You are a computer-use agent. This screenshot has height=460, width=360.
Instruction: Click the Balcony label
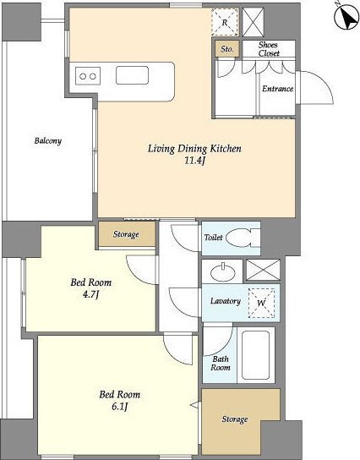(x=48, y=141)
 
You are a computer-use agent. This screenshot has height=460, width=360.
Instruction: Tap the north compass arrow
(x=348, y=19)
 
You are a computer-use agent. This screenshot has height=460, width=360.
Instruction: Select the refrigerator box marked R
(x=225, y=22)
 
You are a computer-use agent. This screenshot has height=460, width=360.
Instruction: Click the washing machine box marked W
(x=261, y=303)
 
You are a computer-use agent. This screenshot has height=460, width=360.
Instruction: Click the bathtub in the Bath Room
(x=256, y=355)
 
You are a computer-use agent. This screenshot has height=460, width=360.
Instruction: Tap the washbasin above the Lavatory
(x=223, y=272)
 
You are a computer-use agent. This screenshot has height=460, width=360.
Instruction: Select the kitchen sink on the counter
(x=132, y=75)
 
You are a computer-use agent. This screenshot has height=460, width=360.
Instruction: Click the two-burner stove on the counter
(x=88, y=76)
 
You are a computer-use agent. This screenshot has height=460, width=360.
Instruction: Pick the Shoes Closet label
(x=269, y=49)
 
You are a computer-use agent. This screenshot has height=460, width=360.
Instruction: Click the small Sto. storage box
(x=227, y=49)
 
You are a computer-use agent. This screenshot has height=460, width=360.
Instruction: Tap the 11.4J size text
(x=194, y=161)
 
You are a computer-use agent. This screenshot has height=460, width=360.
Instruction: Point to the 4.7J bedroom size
(x=91, y=294)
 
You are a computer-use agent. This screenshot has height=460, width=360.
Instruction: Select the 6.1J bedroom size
(x=120, y=407)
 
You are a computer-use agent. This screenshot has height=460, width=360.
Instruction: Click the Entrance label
(x=278, y=89)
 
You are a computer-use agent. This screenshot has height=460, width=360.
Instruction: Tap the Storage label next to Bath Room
(x=235, y=419)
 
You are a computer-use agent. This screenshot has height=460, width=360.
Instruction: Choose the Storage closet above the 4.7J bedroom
(x=127, y=234)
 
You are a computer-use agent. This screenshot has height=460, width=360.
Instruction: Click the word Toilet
(x=214, y=238)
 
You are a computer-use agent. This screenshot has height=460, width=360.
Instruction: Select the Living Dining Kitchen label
(x=194, y=149)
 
